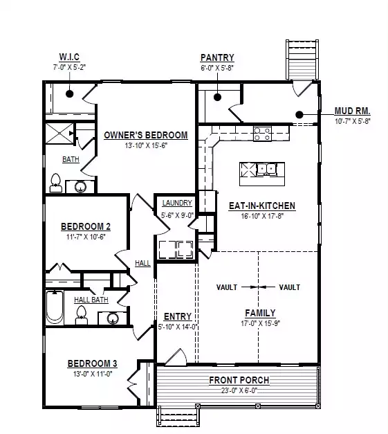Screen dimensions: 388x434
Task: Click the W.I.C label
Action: pyautogui.click(x=69, y=57)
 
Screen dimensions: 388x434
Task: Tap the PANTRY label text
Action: pyautogui.click(x=217, y=57)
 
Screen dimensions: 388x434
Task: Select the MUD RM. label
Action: pyautogui.click(x=352, y=111)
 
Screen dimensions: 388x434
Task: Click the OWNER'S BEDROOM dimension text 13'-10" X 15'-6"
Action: pyautogui.click(x=146, y=145)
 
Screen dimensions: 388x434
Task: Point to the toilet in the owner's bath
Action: pyautogui.click(x=55, y=183)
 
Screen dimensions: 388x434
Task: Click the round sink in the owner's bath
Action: pyautogui.click(x=80, y=187)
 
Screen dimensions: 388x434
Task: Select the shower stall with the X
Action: pyautogui.click(x=59, y=134)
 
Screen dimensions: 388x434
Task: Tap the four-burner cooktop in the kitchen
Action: pyautogui.click(x=262, y=134)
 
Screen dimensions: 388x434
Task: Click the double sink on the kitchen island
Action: pyautogui.click(x=266, y=169)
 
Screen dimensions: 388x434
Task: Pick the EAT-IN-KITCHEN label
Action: pyautogui.click(x=262, y=206)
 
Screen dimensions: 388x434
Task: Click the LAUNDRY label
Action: pyautogui.click(x=177, y=203)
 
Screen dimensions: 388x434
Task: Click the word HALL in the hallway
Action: pyautogui.click(x=142, y=263)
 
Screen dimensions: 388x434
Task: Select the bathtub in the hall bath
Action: pyautogui.click(x=55, y=307)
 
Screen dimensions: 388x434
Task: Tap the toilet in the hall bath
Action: pyautogui.click(x=82, y=315)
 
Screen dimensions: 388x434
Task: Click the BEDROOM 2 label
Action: pyautogui.click(x=86, y=226)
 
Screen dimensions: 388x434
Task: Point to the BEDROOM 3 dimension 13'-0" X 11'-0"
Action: pyautogui.click(x=93, y=374)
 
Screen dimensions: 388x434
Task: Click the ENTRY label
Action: pyautogui.click(x=178, y=316)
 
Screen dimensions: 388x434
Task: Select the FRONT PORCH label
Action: pyautogui.click(x=239, y=380)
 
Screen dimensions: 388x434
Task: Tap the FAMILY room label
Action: pyautogui.click(x=260, y=313)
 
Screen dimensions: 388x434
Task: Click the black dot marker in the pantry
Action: pyautogui.click(x=217, y=97)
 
